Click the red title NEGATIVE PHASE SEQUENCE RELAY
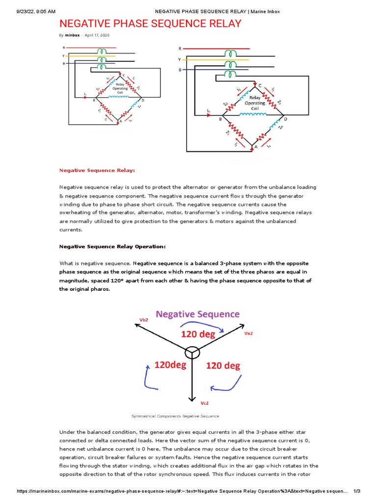[x=150, y=24]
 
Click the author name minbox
[x=72, y=35]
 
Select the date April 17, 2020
[x=97, y=35]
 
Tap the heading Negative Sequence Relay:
[x=97, y=170]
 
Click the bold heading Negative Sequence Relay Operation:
[x=112, y=246]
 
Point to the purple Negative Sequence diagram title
[x=198, y=314]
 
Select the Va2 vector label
[x=249, y=333]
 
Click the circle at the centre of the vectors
[x=191, y=352]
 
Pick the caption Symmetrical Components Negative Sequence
[x=175, y=416]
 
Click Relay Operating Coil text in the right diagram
[x=255, y=103]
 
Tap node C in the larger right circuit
[x=260, y=84]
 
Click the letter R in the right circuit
[x=180, y=49]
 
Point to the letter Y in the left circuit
[x=63, y=56]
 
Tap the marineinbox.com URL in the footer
[x=182, y=491]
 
